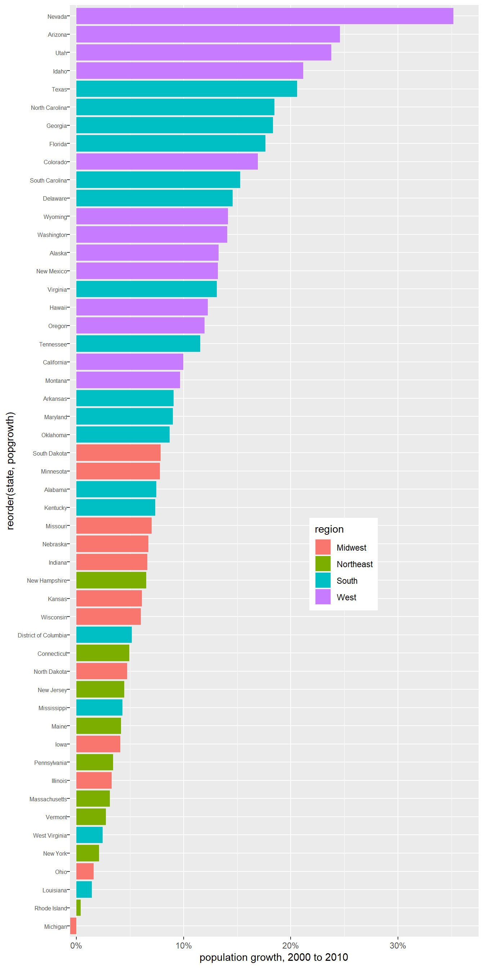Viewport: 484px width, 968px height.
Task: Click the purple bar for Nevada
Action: point(265,16)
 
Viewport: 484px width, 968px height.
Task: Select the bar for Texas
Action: point(187,89)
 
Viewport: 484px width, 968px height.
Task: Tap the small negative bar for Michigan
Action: point(73,926)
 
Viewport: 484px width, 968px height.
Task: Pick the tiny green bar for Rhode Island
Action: point(78,907)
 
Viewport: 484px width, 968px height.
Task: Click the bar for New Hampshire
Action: point(111,580)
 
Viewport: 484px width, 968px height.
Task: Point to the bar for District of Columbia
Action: point(104,635)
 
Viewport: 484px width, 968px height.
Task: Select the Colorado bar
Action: point(167,162)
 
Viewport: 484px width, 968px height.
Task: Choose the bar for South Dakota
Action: point(118,453)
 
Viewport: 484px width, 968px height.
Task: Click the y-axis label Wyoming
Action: point(55,217)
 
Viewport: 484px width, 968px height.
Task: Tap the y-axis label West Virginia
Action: point(50,835)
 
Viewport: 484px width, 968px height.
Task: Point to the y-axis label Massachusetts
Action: point(48,799)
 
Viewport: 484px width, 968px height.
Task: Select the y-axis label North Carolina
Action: point(49,108)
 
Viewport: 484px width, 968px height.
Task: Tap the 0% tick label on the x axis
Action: point(76,945)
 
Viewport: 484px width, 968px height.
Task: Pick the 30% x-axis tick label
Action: point(398,945)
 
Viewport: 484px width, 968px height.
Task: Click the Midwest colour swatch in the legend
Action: point(323,547)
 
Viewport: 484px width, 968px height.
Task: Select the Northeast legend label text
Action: point(354,564)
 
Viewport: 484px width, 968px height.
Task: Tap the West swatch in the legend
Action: point(323,597)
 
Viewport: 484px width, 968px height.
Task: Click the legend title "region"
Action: point(329,529)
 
